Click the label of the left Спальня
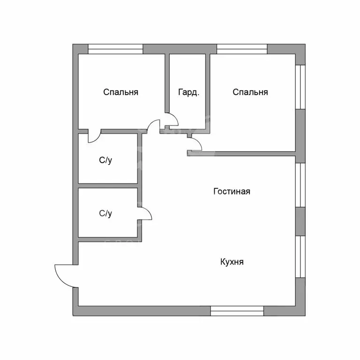tap(120, 92)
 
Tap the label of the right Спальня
tap(250, 92)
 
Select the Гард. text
tap(188, 92)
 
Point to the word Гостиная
tap(232, 191)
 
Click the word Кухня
tap(232, 262)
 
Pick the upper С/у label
tap(105, 160)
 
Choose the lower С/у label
tap(105, 214)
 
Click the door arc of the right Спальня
tap(195, 144)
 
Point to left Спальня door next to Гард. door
tap(153, 126)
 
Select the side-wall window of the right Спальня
tap(300, 87)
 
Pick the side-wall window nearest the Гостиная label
tap(300, 185)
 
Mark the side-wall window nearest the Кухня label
tap(300, 257)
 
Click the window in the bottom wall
tap(237, 311)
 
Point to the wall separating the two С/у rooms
tap(108, 186)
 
